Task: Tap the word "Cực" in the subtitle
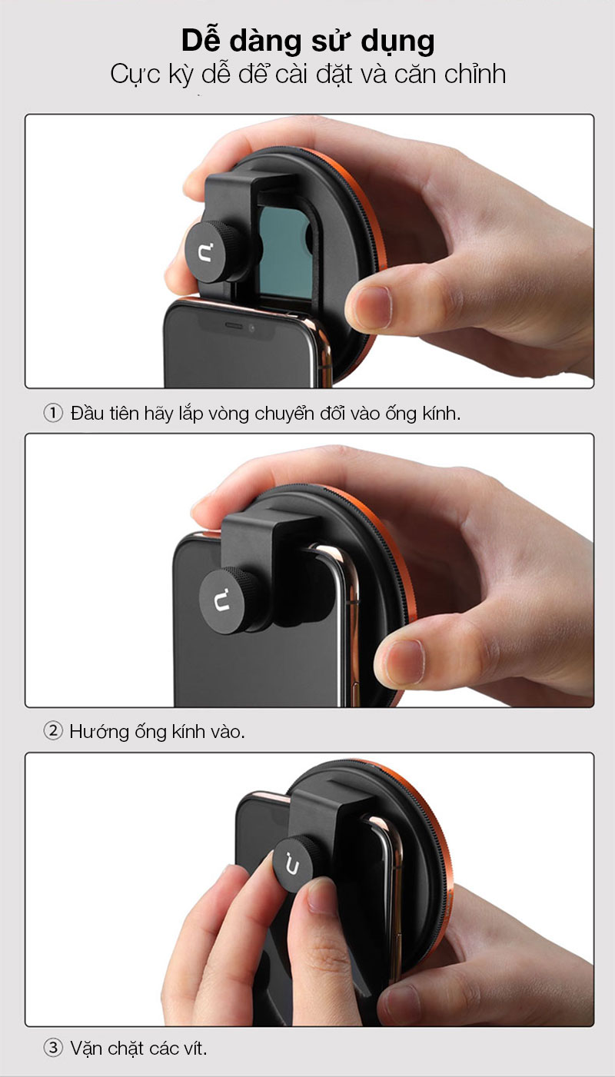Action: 135,75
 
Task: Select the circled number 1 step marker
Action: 53,413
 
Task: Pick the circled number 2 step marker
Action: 53,731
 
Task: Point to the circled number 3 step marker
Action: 53,1048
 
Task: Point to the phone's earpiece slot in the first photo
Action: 234,325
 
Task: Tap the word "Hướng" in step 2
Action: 99,732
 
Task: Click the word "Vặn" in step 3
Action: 87,1049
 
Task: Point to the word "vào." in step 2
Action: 225,733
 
